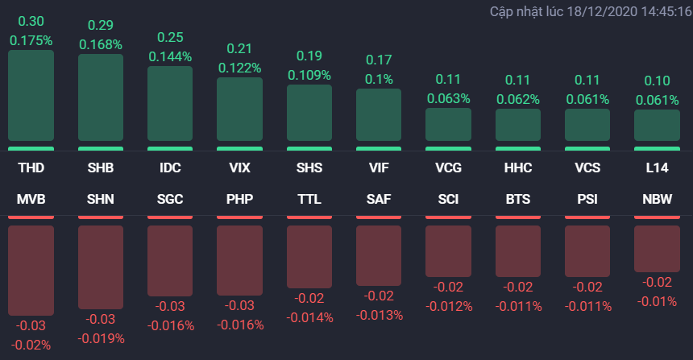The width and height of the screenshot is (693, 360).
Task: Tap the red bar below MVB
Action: click(x=31, y=270)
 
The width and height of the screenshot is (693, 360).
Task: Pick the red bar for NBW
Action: click(x=657, y=248)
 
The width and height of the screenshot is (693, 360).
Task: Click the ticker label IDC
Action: click(x=170, y=168)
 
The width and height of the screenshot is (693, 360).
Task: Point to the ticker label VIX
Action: click(x=239, y=168)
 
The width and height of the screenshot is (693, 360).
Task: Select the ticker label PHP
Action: click(x=239, y=198)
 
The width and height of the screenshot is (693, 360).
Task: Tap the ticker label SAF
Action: click(x=379, y=198)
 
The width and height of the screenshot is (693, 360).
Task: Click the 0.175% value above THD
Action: click(x=31, y=39)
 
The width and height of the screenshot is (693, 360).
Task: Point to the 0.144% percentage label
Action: click(x=170, y=56)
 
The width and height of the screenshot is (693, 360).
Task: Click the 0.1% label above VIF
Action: click(x=379, y=78)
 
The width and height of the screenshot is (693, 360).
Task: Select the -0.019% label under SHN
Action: click(x=101, y=338)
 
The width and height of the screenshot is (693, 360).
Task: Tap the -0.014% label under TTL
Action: click(x=309, y=317)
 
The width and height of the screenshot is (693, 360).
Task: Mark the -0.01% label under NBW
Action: click(x=657, y=300)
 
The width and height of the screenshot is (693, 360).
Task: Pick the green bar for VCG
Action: click(x=448, y=125)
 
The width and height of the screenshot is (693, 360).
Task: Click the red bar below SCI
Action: click(x=448, y=252)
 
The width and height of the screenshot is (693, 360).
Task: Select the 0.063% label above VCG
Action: click(x=448, y=98)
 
